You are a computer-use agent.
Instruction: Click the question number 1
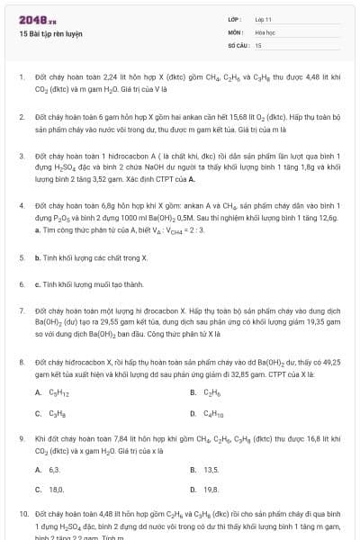tap(21, 77)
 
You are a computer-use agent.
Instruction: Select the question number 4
tap(21, 179)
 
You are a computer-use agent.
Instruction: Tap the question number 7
tap(21, 308)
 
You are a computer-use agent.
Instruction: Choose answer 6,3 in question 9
tap(54, 470)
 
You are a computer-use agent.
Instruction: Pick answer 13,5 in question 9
tap(211, 470)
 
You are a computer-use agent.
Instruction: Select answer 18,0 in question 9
tap(56, 490)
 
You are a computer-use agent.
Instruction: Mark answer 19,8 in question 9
tap(211, 490)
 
